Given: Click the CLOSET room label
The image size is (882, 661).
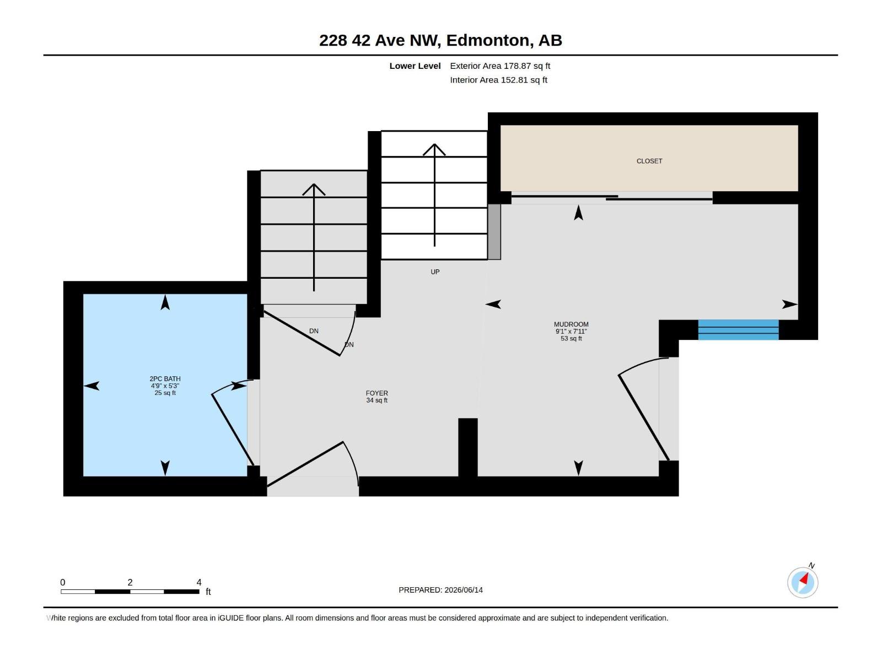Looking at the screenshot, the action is (x=649, y=161).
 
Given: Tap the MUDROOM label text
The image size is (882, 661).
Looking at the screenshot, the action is (x=571, y=324).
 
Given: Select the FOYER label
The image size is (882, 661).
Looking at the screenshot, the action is (x=377, y=393).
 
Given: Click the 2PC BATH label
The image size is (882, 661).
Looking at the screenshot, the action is (x=165, y=379).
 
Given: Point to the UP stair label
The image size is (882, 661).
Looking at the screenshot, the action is (x=435, y=272).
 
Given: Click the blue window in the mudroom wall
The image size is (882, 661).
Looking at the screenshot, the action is (x=738, y=330).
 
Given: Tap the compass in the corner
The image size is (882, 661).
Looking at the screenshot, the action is (x=803, y=582).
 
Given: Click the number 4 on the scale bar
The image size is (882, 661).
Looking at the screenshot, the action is (x=199, y=582).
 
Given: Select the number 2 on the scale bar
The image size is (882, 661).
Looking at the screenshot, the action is (x=130, y=582).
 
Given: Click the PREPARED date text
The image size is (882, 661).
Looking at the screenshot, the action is (x=440, y=590).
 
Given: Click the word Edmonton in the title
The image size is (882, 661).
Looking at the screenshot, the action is (x=490, y=41).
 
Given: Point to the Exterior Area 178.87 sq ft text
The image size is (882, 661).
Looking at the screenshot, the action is (x=500, y=66).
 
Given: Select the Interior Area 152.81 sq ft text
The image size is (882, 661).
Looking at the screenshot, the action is (x=498, y=80).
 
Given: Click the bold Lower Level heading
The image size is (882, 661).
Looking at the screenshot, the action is (x=415, y=66).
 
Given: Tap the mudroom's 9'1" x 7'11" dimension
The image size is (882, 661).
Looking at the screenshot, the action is (x=571, y=332).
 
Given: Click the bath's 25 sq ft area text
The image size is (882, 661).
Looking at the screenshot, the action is (x=165, y=393).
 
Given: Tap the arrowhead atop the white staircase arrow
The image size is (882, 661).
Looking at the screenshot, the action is (x=434, y=149).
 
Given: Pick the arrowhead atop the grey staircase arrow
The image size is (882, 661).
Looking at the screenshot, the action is (x=314, y=189).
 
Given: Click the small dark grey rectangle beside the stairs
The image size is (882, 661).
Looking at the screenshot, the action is (x=494, y=232).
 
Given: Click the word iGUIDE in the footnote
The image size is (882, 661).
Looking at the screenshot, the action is (x=230, y=618).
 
